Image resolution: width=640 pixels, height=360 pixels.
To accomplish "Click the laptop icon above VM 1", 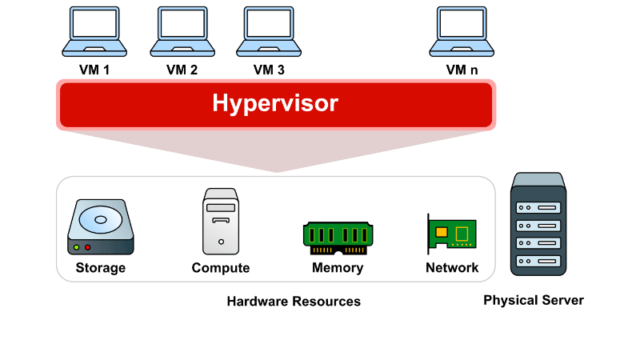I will pyautogui.click(x=94, y=30).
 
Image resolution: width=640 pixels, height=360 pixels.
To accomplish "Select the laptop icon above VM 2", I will pyautogui.click(x=182, y=30).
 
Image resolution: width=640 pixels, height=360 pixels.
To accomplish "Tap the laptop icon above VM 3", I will pyautogui.click(x=269, y=30).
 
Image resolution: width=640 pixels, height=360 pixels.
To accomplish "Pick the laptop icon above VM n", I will pyautogui.click(x=462, y=30).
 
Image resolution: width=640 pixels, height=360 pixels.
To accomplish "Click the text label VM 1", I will pyautogui.click(x=94, y=70).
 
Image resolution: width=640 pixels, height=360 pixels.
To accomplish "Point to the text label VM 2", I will pyautogui.click(x=182, y=70).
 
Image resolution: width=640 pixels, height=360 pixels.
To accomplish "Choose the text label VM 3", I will pyautogui.click(x=269, y=70).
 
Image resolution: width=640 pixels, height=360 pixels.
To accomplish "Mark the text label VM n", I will pyautogui.click(x=462, y=70).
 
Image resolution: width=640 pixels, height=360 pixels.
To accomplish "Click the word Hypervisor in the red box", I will pyautogui.click(x=275, y=103).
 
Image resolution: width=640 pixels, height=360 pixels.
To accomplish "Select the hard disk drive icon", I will pyautogui.click(x=101, y=227).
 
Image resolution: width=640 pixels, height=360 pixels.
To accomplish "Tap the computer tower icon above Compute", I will pyautogui.click(x=221, y=221).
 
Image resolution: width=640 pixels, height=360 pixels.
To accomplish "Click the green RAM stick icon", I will pyautogui.click(x=337, y=235).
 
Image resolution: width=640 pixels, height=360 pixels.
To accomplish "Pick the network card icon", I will pyautogui.click(x=452, y=234).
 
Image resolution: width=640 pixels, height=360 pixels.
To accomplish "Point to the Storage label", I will pyautogui.click(x=101, y=268).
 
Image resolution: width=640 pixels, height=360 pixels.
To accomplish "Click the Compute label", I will pyautogui.click(x=221, y=268).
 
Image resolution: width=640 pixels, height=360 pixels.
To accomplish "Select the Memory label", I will pyautogui.click(x=338, y=268).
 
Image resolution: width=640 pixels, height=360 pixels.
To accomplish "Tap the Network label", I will pyautogui.click(x=452, y=268).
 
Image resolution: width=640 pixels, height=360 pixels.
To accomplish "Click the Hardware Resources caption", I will pyautogui.click(x=294, y=302).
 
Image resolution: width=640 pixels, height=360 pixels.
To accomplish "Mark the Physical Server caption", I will pyautogui.click(x=534, y=301).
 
